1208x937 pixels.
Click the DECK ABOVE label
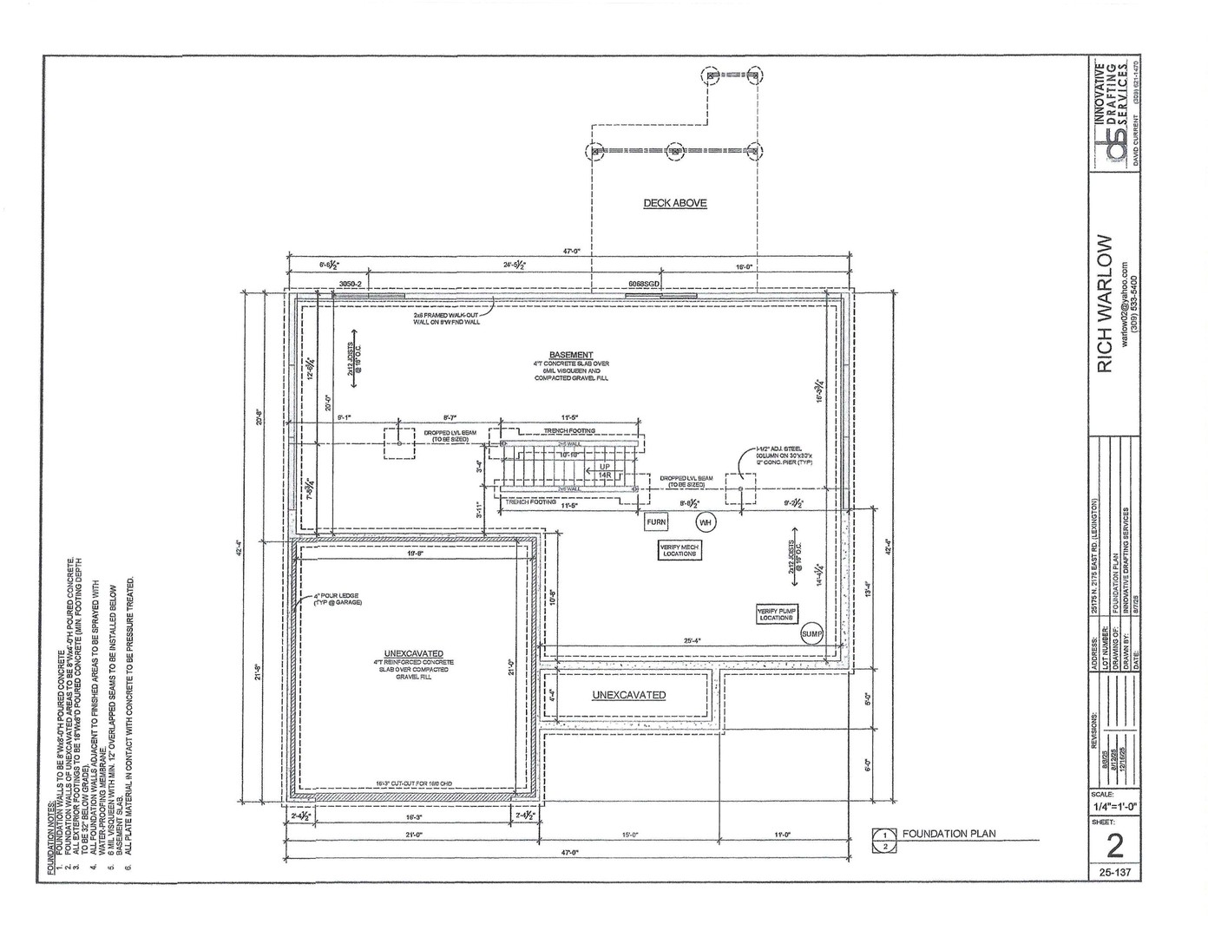coord(674,203)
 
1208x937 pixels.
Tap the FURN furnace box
coord(656,522)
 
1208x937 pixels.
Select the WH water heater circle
coord(705,522)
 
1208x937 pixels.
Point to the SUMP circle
coord(811,634)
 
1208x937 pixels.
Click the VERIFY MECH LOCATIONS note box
coord(679,550)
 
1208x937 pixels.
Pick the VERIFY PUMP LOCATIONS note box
coord(777,614)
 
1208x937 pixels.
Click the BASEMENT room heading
coord(571,355)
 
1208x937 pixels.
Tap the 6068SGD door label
coord(644,284)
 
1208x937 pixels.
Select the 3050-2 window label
coord(350,284)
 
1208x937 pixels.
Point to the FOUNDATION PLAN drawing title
coord(949,834)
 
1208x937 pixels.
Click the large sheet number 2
coord(1115,845)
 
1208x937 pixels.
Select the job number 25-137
coord(1115,872)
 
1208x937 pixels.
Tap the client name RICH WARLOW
coord(1105,304)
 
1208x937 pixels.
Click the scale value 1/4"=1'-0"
coord(1115,806)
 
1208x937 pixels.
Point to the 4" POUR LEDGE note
coord(337,599)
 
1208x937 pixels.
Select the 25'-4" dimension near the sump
coord(691,641)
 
